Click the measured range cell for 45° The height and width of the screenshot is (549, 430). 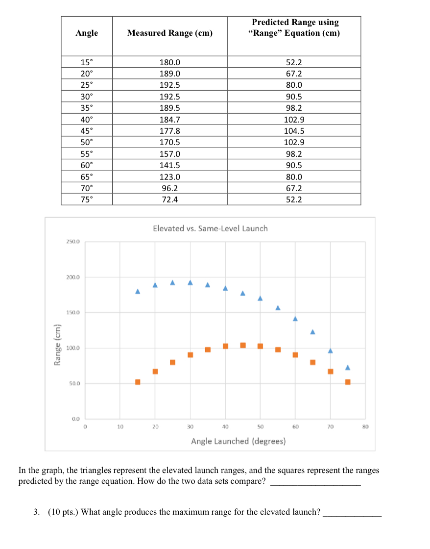(170, 131)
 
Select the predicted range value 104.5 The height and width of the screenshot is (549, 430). (294, 131)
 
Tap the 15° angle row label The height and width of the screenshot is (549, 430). (87, 62)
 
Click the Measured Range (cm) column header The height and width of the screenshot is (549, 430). (169, 33)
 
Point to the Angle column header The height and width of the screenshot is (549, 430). (87, 33)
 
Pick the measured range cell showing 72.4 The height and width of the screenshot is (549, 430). (170, 200)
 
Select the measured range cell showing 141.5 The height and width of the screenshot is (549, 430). (170, 165)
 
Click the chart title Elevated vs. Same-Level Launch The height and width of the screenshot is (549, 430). (210, 228)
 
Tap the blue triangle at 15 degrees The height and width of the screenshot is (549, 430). (138, 292)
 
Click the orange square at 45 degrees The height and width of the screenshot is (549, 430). (243, 345)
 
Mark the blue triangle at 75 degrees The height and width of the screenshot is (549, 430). (348, 368)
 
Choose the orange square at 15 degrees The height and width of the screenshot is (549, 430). (138, 382)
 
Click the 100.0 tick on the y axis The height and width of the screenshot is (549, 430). (73, 348)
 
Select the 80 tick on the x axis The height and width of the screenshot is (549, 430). (365, 427)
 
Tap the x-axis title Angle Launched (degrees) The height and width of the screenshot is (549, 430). (239, 441)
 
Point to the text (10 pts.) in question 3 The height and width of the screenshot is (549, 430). (63, 512)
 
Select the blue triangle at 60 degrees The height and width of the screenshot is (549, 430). (295, 319)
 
